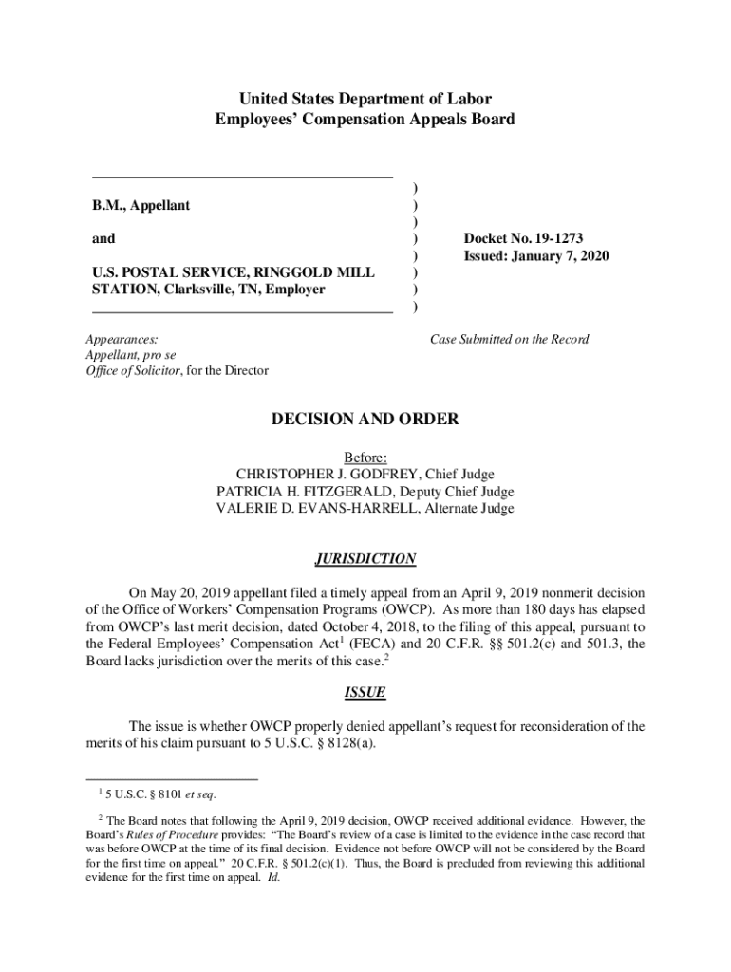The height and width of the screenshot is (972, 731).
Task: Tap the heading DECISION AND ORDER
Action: click(365, 419)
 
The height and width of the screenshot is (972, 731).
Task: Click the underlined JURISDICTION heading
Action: click(365, 559)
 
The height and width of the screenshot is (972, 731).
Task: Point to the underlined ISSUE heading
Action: click(365, 692)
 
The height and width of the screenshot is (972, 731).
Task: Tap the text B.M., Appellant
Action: click(141, 205)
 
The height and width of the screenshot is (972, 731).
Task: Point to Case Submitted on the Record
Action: click(509, 339)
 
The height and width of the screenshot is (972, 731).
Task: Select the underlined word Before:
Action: click(365, 458)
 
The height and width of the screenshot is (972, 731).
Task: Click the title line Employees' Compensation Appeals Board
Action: click(365, 119)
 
